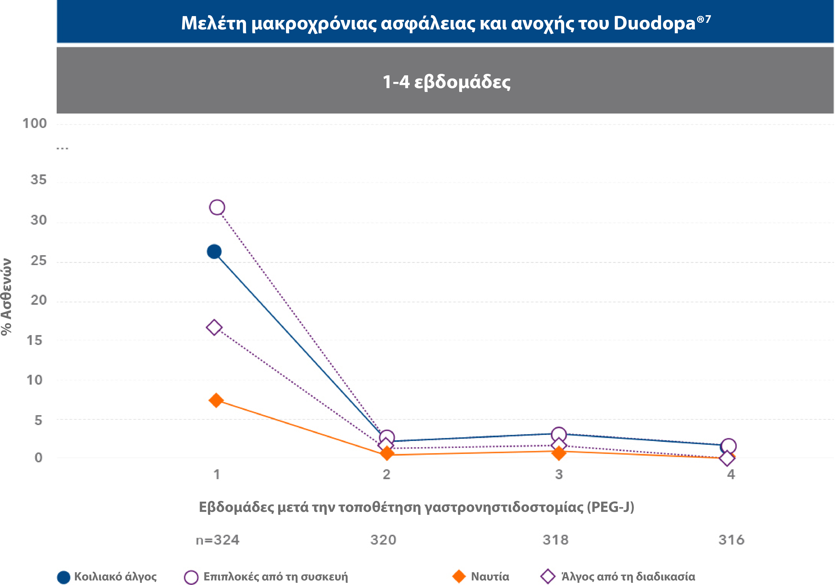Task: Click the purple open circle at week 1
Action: click(217, 207)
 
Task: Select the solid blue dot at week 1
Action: click(214, 251)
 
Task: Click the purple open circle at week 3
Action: click(559, 434)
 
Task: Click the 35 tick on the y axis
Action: click(39, 180)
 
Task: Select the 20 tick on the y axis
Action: click(39, 300)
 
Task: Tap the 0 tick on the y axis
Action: click(39, 458)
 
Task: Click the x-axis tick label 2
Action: click(387, 474)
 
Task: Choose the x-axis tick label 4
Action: click(731, 474)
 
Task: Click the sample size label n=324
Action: click(217, 540)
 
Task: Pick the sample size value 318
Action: click(555, 540)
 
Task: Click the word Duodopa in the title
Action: click(654, 23)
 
